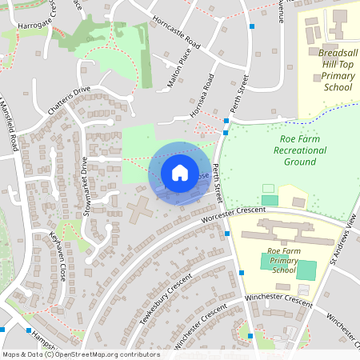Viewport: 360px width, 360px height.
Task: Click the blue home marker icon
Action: tap(179, 173)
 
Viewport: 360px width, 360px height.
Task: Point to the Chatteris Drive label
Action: tap(70, 100)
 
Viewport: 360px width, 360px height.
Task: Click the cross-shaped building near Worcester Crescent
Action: tap(141, 210)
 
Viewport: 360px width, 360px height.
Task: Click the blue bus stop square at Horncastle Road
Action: tap(252, 26)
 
